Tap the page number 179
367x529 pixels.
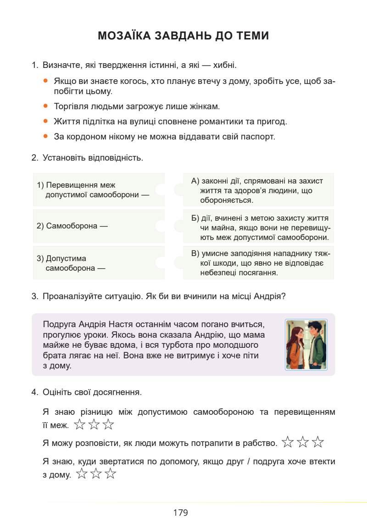[181, 512]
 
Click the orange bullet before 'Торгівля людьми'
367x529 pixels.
[45, 106]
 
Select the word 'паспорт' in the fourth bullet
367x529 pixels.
[260, 136]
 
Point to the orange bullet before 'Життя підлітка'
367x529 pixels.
[45, 121]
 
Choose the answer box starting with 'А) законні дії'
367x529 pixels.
[258, 190]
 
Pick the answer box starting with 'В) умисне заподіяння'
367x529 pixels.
[258, 263]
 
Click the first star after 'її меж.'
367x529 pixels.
[80, 425]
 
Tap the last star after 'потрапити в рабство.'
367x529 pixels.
[318, 442]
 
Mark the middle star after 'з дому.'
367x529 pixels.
[96, 474]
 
